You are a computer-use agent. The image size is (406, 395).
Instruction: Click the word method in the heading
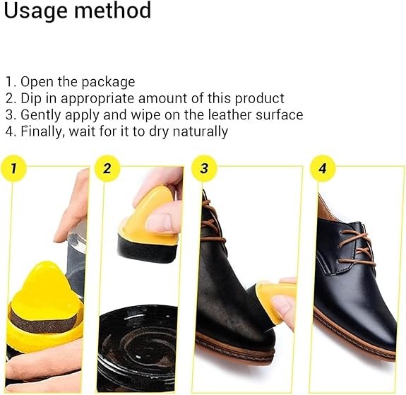coord(114,11)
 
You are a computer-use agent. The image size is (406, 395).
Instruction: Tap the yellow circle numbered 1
coord(14,169)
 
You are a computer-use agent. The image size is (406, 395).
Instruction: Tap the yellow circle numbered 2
coord(107,169)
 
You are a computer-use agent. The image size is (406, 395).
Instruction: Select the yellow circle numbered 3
coord(204,169)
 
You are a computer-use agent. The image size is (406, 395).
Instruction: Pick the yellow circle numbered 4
coord(323,169)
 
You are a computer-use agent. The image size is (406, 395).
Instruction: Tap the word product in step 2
coord(259,98)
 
